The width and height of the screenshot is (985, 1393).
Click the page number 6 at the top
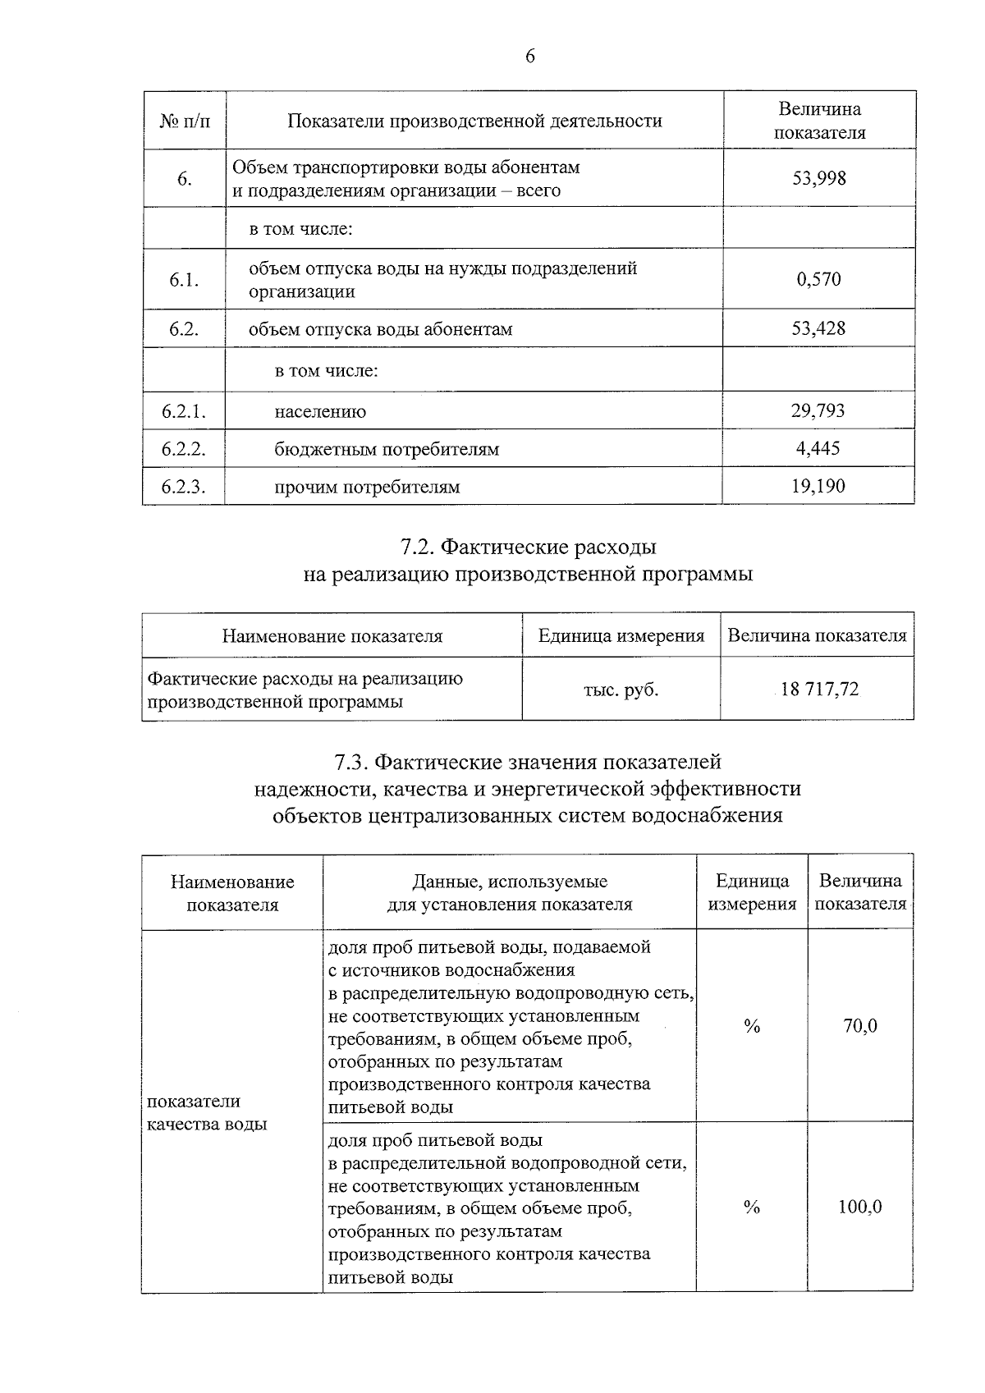(529, 57)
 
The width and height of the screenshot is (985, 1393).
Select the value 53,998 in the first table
(818, 178)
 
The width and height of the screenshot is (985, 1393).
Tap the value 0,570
(818, 279)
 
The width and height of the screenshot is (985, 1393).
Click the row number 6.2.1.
(183, 411)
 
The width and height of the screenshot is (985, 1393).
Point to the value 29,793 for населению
(818, 410)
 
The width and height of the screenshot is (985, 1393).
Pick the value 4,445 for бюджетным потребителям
(818, 448)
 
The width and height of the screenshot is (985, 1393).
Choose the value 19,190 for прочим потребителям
(818, 486)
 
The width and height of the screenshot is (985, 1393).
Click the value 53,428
(818, 328)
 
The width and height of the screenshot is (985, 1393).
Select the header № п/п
(184, 121)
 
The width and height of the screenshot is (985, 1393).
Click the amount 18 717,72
(819, 690)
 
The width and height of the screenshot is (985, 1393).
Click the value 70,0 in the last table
(860, 1026)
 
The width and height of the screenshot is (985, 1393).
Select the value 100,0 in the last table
(859, 1207)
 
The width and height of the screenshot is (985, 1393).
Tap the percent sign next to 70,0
(751, 1026)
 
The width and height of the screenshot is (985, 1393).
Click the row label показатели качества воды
(207, 1113)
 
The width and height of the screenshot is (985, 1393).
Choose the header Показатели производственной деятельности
(474, 121)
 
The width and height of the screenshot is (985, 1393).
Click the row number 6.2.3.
(183, 487)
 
